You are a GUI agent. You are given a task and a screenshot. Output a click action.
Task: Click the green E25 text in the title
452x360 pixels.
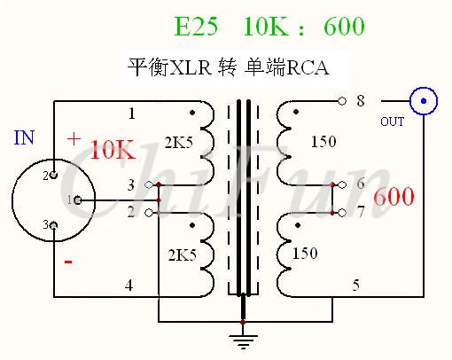[x=196, y=27]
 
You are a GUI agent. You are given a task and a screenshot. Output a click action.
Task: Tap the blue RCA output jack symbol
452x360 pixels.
[x=424, y=101]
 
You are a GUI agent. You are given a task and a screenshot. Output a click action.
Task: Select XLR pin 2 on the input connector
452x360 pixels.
[x=53, y=175]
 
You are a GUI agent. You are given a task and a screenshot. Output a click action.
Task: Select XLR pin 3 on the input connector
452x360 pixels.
[x=53, y=226]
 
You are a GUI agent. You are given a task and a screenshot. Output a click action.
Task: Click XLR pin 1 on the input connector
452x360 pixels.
[x=77, y=200]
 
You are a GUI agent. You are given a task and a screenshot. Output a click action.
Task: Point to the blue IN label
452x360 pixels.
[x=24, y=137]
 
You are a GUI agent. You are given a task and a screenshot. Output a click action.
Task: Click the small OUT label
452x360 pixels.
[x=392, y=121]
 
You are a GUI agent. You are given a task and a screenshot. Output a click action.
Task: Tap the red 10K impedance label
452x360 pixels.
[x=113, y=150]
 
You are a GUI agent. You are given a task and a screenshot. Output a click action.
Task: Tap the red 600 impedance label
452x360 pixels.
[x=394, y=196]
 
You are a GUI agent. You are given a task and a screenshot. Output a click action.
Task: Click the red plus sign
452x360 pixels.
[x=74, y=139]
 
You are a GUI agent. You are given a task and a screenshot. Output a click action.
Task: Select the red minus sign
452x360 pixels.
[x=68, y=262]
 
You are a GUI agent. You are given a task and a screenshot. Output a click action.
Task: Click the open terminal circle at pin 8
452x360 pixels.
[x=342, y=101]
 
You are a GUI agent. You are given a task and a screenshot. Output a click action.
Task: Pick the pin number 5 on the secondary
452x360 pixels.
[x=356, y=286]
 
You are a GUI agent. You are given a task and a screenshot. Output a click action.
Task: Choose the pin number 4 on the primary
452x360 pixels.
[x=129, y=286]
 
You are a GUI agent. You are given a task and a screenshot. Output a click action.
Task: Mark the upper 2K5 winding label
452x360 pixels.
[x=179, y=143]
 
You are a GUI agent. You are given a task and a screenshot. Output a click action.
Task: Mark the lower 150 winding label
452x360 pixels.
[x=305, y=254]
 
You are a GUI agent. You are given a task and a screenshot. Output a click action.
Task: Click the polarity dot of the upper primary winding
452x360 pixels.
[x=192, y=113]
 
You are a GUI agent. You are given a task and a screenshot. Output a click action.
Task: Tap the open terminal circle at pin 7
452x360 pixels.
[x=342, y=213]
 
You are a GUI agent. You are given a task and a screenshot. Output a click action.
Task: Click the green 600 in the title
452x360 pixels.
[x=345, y=27]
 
